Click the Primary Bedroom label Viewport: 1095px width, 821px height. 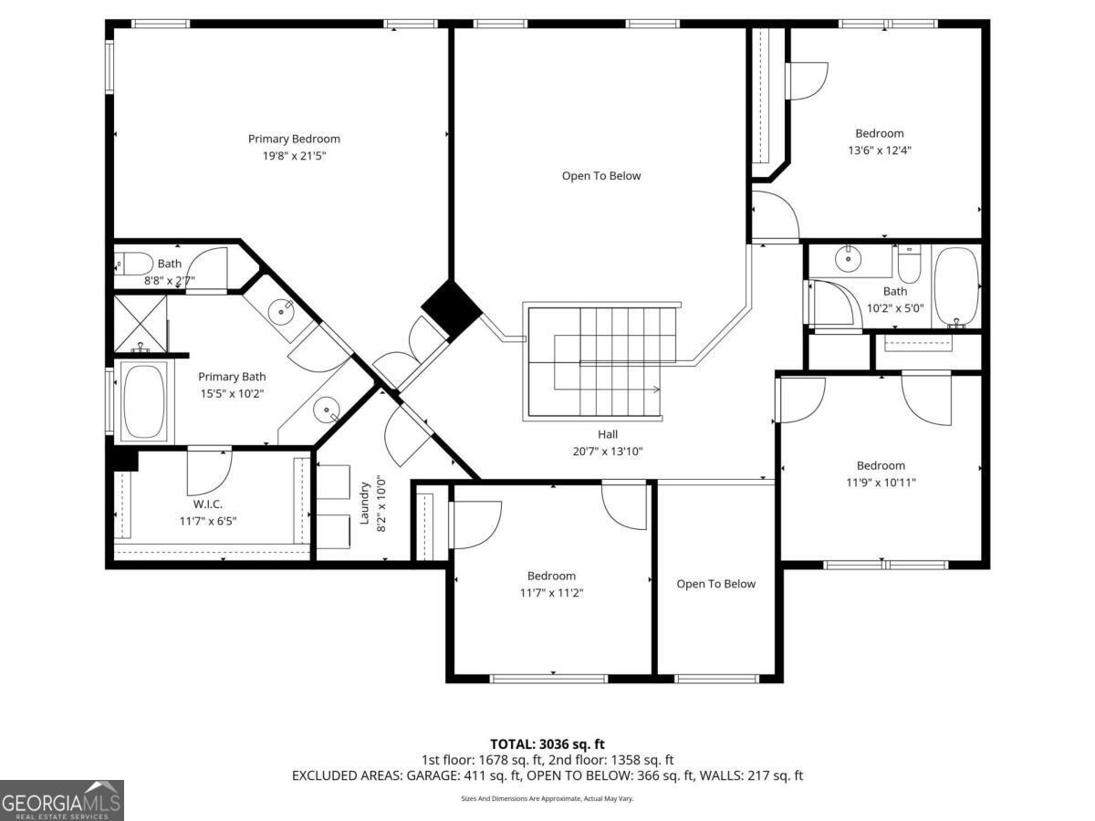point(294,139)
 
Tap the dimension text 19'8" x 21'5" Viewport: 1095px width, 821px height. point(294,156)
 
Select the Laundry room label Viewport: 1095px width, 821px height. point(364,503)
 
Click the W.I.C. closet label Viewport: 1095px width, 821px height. point(207,504)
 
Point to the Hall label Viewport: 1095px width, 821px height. point(608,434)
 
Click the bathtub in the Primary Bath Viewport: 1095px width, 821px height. point(144,401)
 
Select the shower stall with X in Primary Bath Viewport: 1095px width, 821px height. point(141,324)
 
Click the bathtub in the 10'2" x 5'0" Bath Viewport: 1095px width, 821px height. point(955,287)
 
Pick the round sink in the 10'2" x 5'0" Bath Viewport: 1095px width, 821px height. point(848,259)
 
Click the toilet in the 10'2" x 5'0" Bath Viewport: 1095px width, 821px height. point(909,265)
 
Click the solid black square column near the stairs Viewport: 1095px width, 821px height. point(452,308)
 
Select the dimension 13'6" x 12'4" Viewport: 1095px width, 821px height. point(880,150)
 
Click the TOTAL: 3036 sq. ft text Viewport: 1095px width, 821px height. point(547,744)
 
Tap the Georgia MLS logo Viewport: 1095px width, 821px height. point(61,800)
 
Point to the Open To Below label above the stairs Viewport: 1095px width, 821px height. point(601,176)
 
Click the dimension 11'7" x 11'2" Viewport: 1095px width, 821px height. point(551,593)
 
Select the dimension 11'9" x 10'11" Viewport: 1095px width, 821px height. point(881,483)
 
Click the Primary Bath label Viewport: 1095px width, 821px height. point(232,377)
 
